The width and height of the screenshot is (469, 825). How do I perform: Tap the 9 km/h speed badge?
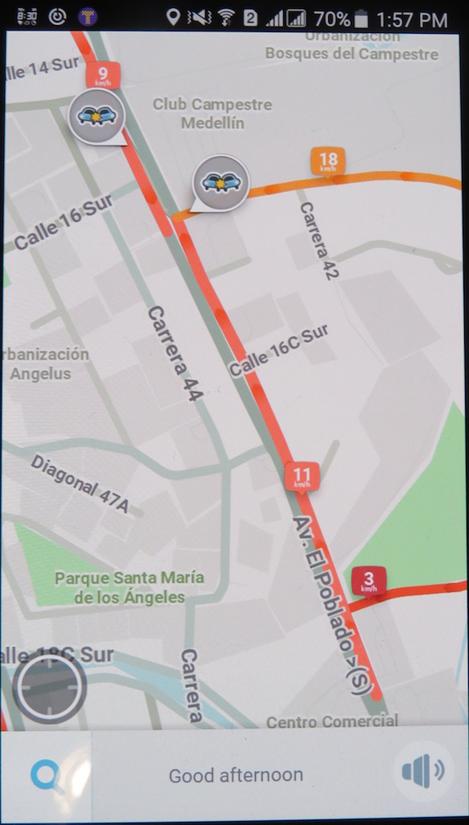pos(104,75)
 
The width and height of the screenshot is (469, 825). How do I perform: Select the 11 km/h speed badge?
pos(302,476)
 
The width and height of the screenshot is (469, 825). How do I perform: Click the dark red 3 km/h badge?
pos(368,580)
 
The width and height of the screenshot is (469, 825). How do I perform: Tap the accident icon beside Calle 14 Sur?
pos(97,116)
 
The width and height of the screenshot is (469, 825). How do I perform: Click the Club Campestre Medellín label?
pos(212,114)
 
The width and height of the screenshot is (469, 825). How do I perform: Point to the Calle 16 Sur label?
pos(63,222)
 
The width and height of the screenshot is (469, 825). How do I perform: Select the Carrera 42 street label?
pos(319,240)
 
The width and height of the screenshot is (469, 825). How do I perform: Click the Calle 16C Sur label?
pos(279,350)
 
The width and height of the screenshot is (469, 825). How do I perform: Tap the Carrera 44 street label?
pos(175,354)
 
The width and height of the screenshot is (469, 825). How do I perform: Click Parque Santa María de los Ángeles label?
pos(129,587)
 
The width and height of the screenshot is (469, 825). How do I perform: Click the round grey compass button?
pos(50,687)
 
